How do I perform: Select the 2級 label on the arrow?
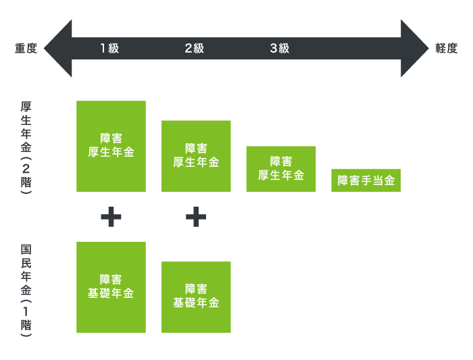point(194,49)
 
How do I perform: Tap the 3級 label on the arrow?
point(279,49)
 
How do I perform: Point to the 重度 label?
point(26,49)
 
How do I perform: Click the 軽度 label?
point(446,49)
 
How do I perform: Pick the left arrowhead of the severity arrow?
point(58,49)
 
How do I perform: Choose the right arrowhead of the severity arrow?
point(414,49)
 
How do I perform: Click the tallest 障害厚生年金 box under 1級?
point(111,146)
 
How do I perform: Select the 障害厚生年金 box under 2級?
point(196,156)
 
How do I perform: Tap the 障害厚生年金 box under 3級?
point(281,169)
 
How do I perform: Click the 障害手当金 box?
point(366,180)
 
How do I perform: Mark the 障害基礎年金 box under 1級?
point(111,287)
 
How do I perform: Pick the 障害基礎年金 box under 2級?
point(196,297)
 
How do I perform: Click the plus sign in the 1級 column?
point(111,217)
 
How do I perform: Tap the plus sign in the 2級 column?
point(196,217)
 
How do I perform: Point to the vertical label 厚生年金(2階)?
point(26,148)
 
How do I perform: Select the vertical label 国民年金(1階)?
point(26,290)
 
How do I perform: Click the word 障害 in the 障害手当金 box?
point(348,180)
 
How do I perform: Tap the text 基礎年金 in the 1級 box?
point(111,294)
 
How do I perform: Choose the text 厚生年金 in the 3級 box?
point(281,176)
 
